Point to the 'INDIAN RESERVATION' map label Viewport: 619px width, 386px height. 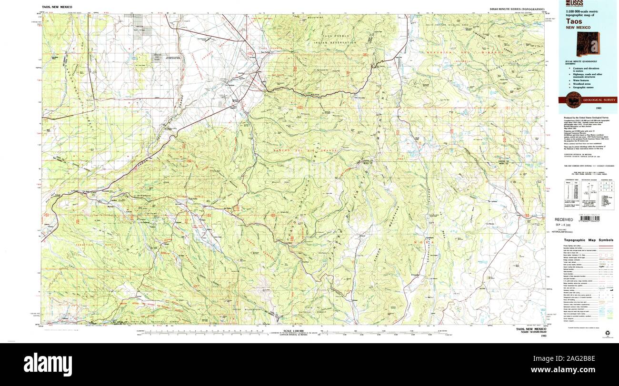pyautogui.click(x=335, y=43)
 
